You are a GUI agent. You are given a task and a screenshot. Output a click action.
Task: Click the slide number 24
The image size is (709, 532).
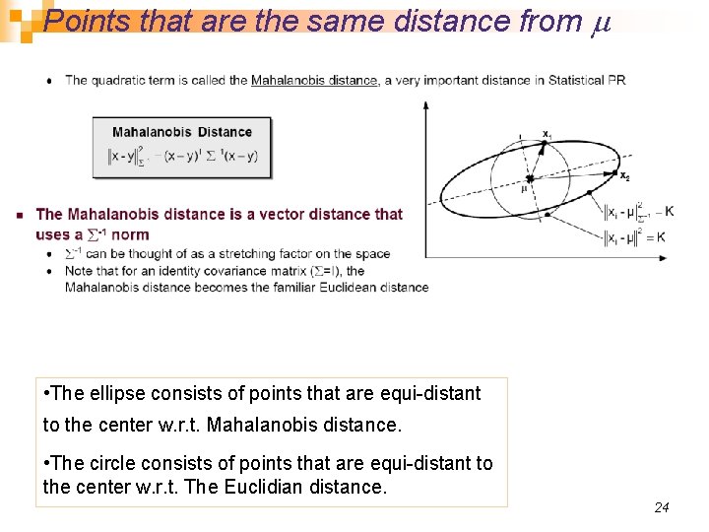pyautogui.click(x=662, y=507)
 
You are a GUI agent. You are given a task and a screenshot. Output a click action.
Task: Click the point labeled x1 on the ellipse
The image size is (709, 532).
pyautogui.click(x=543, y=144)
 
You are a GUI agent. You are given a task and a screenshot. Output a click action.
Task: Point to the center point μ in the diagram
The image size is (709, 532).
pyautogui.click(x=529, y=178)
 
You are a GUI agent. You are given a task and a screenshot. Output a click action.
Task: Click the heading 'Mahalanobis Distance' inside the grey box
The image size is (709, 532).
pyautogui.click(x=182, y=132)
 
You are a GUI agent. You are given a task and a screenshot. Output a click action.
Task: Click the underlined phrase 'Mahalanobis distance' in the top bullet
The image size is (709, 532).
pyautogui.click(x=314, y=81)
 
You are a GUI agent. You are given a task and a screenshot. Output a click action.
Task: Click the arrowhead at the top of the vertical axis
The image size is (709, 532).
pyautogui.click(x=425, y=103)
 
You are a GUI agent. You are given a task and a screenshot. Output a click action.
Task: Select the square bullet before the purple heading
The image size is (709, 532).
pyautogui.click(x=20, y=215)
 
